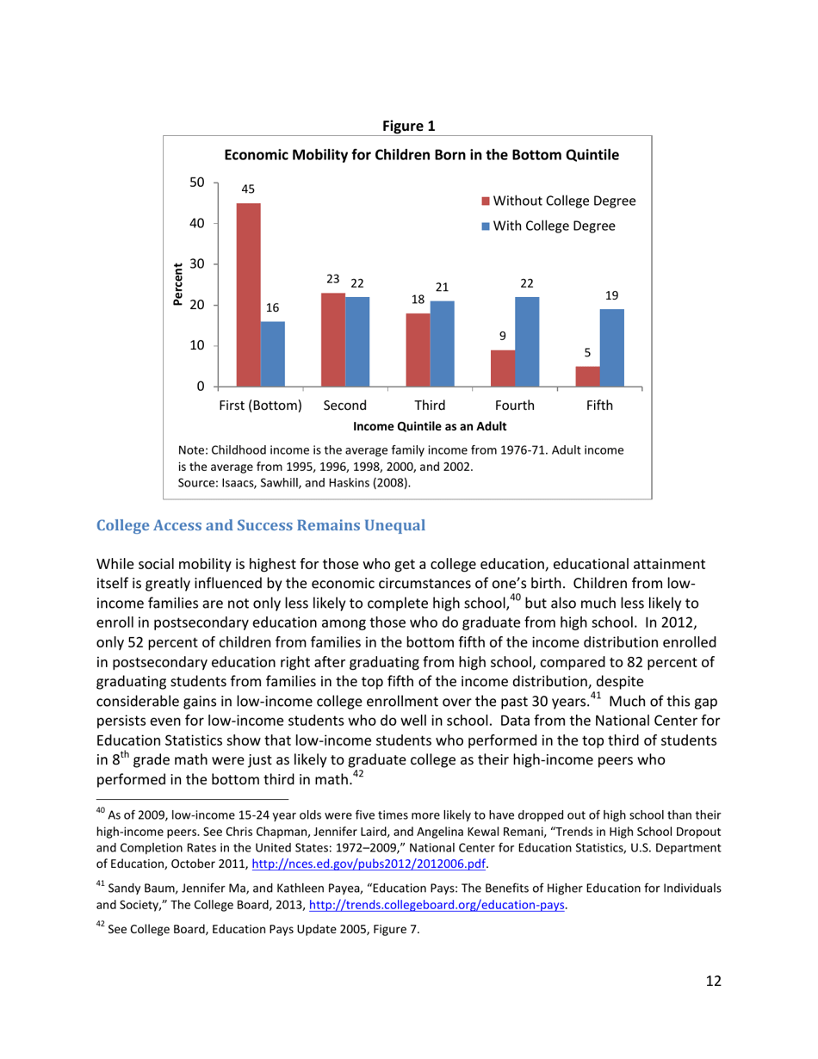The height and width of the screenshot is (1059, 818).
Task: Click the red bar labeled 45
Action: [249, 294]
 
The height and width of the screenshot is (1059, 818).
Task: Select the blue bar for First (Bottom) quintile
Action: [273, 354]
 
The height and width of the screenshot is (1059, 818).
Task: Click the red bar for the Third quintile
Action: [418, 350]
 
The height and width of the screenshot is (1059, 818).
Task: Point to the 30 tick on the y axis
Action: [197, 264]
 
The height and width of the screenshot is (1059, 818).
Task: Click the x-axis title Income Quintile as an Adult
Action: [429, 426]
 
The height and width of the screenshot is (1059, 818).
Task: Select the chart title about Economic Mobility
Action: [422, 155]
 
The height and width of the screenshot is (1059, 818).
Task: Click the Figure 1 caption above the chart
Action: [408, 127]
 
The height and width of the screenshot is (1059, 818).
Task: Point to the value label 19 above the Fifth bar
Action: [612, 294]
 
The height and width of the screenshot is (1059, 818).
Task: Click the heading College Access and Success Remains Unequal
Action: [261, 524]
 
